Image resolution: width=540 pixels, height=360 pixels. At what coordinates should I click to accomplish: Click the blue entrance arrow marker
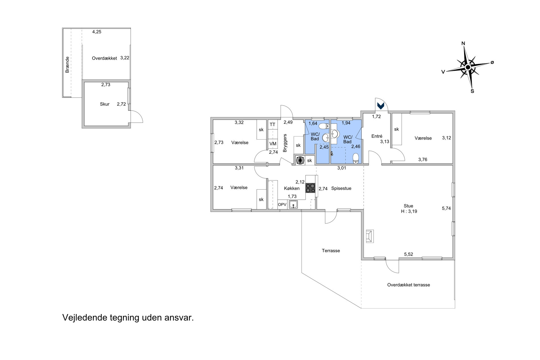click(381, 106)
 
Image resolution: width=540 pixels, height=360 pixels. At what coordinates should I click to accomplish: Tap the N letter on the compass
click(463, 43)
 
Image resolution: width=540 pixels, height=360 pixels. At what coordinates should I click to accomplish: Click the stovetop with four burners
click(310, 188)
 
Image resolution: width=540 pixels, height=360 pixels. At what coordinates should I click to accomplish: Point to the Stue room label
click(408, 206)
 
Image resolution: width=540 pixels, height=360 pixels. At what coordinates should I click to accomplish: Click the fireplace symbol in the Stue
click(370, 236)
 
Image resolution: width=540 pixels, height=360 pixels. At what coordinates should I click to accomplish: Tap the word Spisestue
click(341, 188)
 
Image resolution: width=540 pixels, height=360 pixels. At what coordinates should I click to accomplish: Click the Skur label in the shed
click(105, 104)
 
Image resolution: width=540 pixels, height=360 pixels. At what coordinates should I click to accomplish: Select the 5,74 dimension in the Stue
click(446, 208)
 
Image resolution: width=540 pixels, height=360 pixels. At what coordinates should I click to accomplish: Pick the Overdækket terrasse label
click(408, 285)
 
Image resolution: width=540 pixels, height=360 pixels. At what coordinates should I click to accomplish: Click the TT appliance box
click(273, 124)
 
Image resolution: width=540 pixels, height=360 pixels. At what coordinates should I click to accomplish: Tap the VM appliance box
click(273, 144)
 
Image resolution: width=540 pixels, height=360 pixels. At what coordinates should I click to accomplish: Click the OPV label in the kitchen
click(282, 205)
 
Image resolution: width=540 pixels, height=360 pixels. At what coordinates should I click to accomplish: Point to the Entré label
click(377, 136)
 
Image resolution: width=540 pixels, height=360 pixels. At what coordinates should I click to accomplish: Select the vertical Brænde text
click(67, 64)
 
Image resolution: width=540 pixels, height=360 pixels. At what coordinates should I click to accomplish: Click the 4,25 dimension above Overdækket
click(97, 32)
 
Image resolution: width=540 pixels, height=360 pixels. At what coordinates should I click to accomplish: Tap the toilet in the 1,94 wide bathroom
click(356, 159)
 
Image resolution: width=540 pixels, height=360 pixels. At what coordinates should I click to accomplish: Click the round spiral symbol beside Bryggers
click(300, 161)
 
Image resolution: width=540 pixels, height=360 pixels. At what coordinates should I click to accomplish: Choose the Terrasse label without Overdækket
click(331, 251)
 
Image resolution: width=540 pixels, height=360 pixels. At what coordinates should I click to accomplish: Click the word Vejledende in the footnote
click(84, 318)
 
